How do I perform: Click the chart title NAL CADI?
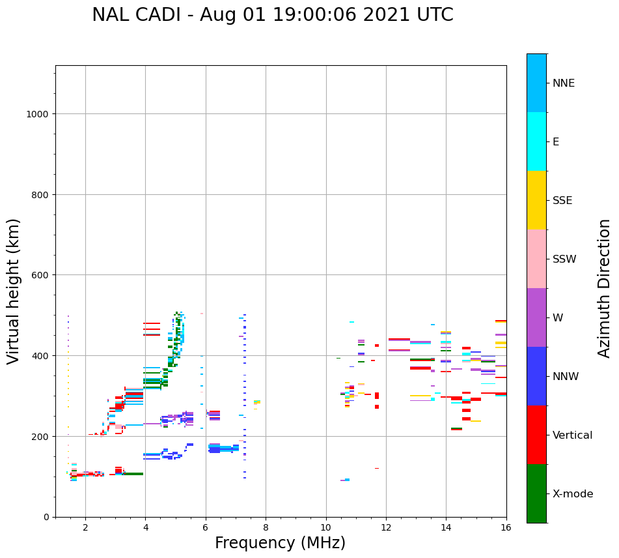click(272, 15)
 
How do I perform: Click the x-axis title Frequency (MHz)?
click(280, 543)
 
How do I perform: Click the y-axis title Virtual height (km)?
click(14, 291)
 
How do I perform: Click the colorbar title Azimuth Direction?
click(605, 288)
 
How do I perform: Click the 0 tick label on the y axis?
click(46, 517)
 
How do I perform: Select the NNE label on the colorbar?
click(564, 83)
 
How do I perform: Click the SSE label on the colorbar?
click(562, 200)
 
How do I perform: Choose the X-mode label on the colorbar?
click(573, 493)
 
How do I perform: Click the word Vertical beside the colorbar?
click(573, 435)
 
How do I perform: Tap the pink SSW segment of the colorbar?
click(536, 259)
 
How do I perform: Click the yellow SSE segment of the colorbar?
click(536, 200)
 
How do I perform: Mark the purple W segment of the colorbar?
click(536, 317)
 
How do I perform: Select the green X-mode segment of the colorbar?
click(536, 493)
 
